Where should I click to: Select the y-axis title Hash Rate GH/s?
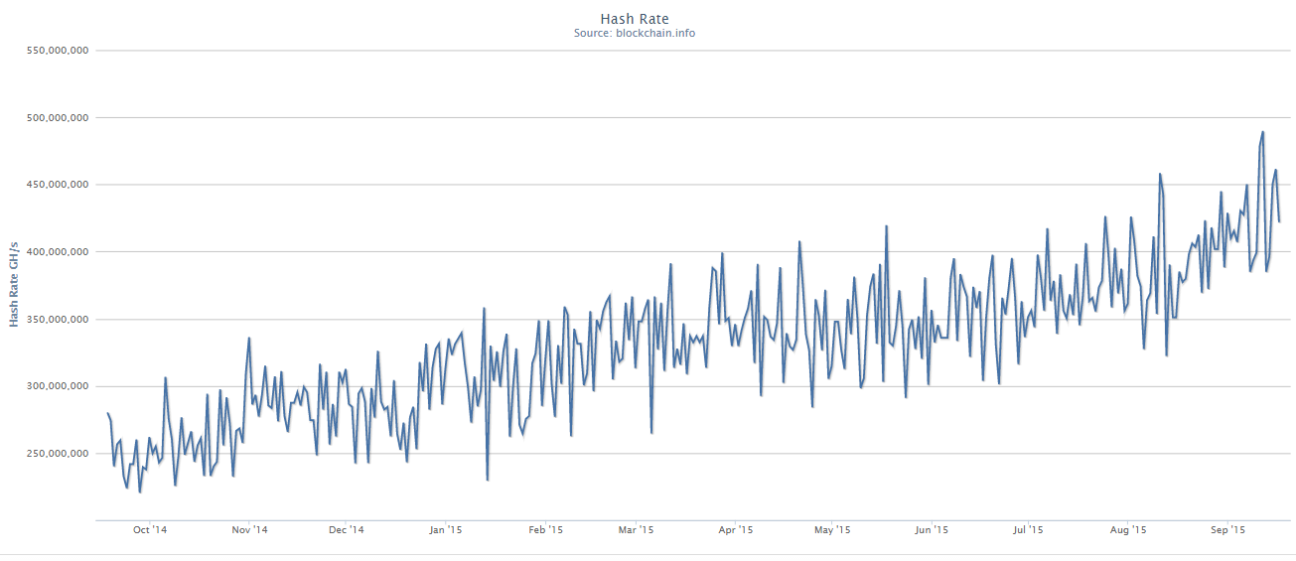tap(15, 283)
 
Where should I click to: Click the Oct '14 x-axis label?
tap(150, 530)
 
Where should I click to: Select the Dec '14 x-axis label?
tap(346, 530)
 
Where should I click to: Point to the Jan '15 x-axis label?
tap(446, 530)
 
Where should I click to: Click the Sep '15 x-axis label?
tap(1228, 530)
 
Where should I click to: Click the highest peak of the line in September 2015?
tap(1262, 132)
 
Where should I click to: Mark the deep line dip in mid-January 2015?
tap(488, 480)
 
